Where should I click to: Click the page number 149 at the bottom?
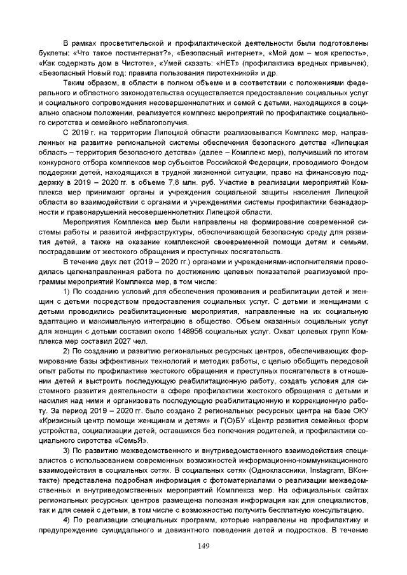203,545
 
